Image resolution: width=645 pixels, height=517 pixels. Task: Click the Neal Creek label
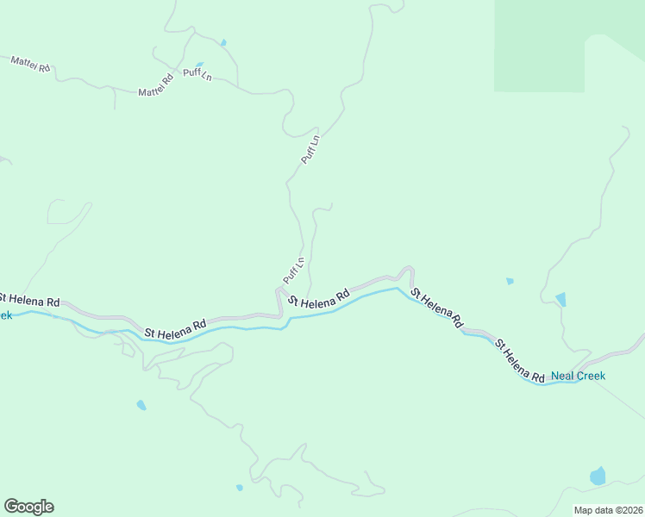click(578, 376)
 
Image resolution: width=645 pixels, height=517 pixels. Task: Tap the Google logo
click(28, 507)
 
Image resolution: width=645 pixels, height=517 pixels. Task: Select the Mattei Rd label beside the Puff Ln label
click(156, 84)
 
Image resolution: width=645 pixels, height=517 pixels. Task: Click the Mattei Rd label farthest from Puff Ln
click(30, 63)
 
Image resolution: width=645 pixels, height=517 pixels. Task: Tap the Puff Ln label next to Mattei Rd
click(197, 74)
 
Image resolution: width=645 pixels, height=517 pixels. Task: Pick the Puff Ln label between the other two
click(310, 149)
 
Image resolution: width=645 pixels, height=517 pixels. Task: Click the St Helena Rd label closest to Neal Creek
click(519, 361)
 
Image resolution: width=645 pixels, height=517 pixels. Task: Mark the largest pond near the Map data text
click(597, 476)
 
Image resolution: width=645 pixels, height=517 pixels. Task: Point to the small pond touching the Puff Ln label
click(200, 65)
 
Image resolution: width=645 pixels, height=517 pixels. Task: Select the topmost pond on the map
click(223, 42)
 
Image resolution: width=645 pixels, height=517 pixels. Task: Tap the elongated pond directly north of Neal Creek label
click(561, 299)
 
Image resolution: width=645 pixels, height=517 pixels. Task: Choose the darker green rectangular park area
click(539, 45)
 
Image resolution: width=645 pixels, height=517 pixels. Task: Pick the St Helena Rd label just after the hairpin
click(436, 308)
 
